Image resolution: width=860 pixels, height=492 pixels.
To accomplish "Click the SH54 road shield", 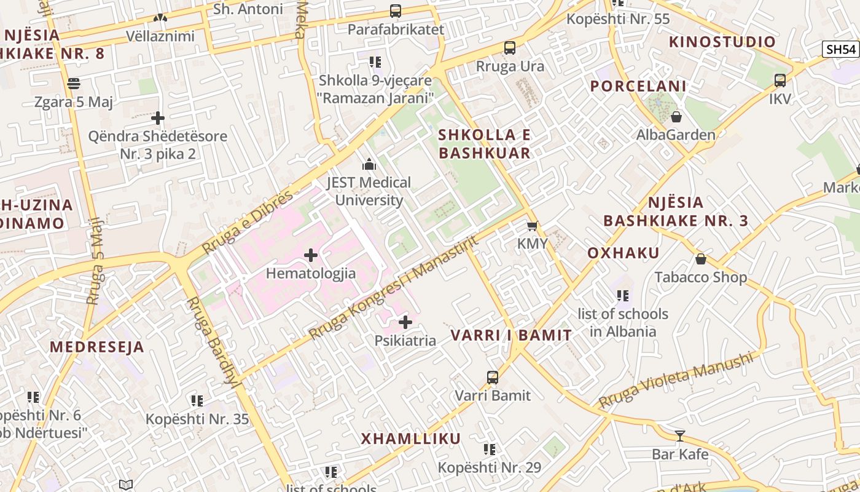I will (x=840, y=49).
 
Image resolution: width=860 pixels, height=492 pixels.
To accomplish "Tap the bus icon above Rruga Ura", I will (x=509, y=48).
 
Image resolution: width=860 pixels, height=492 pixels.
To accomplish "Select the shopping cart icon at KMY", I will (x=532, y=226).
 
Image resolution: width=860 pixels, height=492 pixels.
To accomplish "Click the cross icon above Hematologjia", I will (x=311, y=255).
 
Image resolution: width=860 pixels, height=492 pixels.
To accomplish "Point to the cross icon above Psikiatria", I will (x=405, y=322).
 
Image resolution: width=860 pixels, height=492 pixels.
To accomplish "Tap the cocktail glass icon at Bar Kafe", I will (x=680, y=436).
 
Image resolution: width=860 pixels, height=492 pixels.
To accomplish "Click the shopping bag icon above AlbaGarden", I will (x=676, y=116).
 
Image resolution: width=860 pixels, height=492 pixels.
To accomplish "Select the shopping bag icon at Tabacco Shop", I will (x=701, y=259).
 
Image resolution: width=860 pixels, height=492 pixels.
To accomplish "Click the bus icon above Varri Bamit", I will (x=493, y=377).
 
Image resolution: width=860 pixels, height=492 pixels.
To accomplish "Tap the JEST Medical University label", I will (x=369, y=191).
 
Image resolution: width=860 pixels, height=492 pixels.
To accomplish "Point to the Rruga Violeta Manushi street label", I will (x=676, y=379).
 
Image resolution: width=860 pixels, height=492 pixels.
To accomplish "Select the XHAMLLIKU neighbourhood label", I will (x=410, y=438).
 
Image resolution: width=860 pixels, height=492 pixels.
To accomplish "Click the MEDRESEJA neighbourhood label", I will (x=97, y=347).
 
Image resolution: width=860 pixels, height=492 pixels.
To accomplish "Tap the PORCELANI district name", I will (x=638, y=86).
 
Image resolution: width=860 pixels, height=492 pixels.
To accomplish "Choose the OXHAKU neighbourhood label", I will (x=623, y=253).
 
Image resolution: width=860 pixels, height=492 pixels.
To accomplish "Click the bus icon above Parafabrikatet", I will (x=396, y=11).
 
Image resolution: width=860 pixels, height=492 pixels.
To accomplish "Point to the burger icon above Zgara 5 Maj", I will (x=74, y=83).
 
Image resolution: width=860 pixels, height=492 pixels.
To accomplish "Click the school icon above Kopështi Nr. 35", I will (x=197, y=401).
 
